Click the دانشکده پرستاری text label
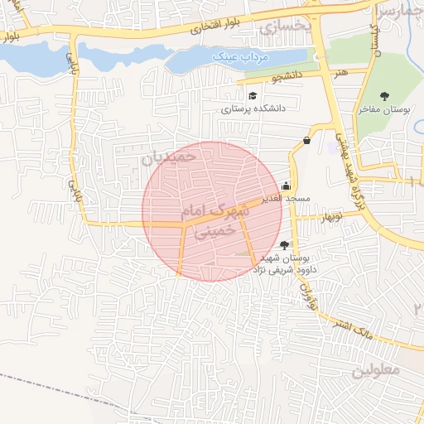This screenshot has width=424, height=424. (x=253, y=108)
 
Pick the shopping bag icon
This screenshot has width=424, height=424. (x=308, y=140)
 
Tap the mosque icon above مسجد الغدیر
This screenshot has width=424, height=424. (x=287, y=185)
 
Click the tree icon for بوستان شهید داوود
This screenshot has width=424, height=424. (x=285, y=244)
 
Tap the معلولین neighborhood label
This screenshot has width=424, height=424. (x=376, y=370)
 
